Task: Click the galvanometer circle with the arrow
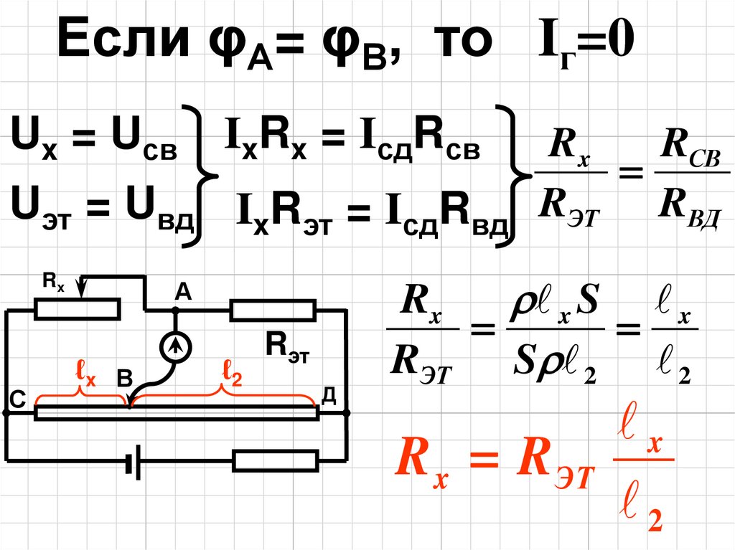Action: pos(174,347)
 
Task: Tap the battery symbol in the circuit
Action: pos(133,465)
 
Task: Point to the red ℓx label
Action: pos(85,375)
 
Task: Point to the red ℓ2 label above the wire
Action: pos(232,374)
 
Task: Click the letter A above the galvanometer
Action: pos(182,292)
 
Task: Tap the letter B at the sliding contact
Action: pos(124,381)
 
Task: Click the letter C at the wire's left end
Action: pos(17,399)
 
